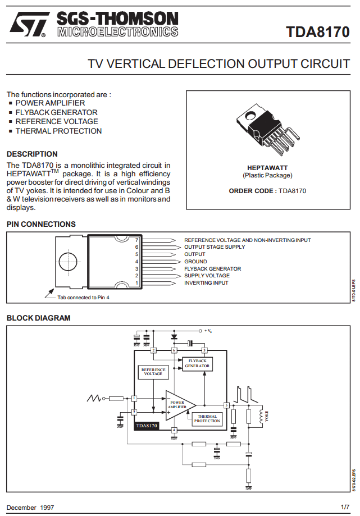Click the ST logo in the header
[27, 26]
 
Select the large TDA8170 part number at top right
[317, 32]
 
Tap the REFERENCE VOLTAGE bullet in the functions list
[56, 121]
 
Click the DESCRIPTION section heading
[32, 154]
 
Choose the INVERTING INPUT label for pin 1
[206, 283]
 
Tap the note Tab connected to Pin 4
[83, 298]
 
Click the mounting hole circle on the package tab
[69, 262]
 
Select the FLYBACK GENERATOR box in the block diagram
[197, 363]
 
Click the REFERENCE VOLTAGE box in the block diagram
[153, 372]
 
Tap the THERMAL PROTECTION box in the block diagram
[207, 418]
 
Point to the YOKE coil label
[267, 416]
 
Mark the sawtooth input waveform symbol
[94, 398]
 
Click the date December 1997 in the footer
[30, 507]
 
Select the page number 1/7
[345, 507]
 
